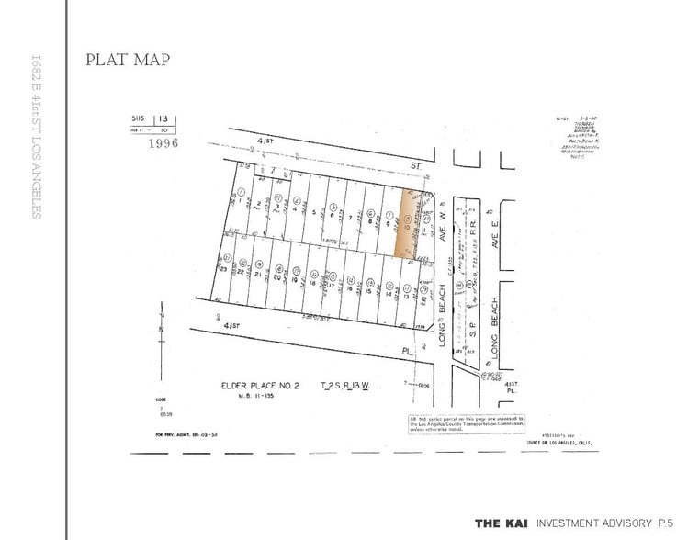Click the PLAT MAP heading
tap(128, 60)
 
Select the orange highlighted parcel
tap(404, 224)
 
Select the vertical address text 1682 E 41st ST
tap(36, 138)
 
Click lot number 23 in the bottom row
tap(223, 270)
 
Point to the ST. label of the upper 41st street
tap(415, 168)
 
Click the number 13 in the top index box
tap(163, 119)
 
